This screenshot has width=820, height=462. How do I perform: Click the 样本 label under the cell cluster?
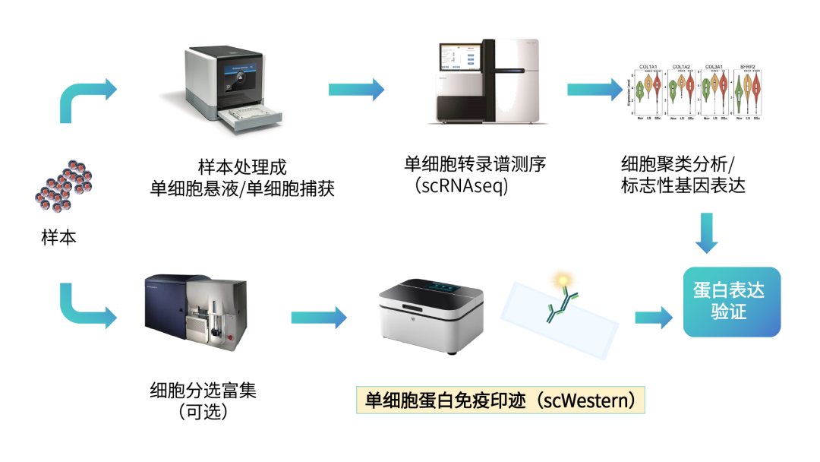tap(59, 237)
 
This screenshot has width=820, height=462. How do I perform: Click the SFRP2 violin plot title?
tap(749, 67)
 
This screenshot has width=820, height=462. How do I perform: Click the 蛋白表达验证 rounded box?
tap(731, 302)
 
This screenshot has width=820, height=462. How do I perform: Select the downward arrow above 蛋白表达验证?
tap(706, 233)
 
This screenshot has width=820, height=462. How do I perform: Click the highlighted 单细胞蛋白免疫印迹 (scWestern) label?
tap(500, 400)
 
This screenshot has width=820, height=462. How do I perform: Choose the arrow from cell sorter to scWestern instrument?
tap(318, 317)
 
